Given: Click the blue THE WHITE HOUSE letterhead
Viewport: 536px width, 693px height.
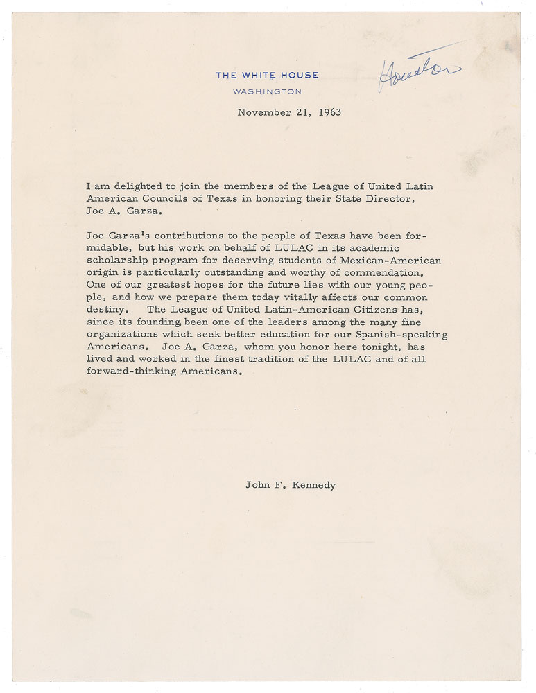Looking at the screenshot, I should coord(267,76).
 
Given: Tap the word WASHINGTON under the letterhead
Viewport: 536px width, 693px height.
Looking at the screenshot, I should coord(267,91).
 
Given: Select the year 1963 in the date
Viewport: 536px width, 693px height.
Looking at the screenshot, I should coord(326,112).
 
